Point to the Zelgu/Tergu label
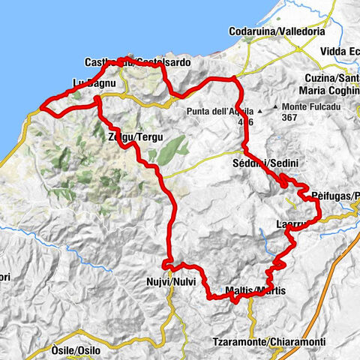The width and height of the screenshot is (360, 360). pyautogui.click(x=134, y=137)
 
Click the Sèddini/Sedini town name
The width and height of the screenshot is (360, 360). pyautogui.click(x=263, y=164)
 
